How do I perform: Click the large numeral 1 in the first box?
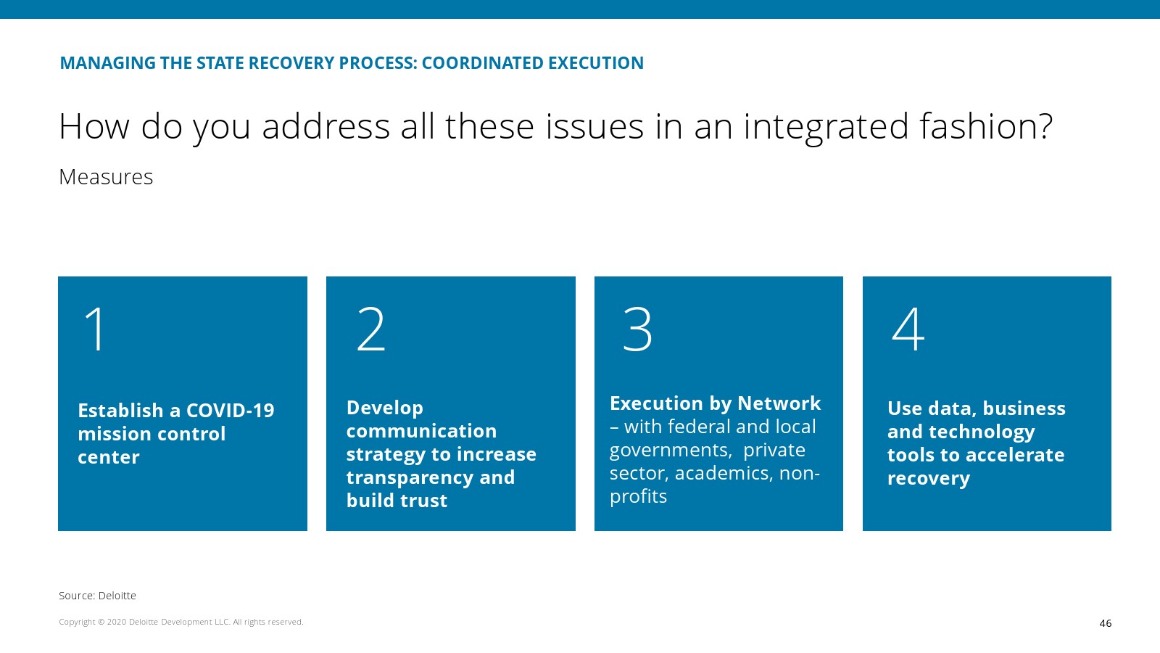95,329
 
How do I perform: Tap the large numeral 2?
370,329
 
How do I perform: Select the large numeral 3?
637,329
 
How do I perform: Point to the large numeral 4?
908,329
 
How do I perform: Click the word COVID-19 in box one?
230,411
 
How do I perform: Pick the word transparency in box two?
410,478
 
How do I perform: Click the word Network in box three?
779,403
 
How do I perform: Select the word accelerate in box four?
1015,455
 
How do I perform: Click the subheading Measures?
106,177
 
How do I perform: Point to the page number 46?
1105,623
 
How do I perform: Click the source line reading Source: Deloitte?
97,596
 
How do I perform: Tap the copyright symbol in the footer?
101,622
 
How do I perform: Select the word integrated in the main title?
826,127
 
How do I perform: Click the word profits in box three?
638,497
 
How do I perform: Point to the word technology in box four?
982,432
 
